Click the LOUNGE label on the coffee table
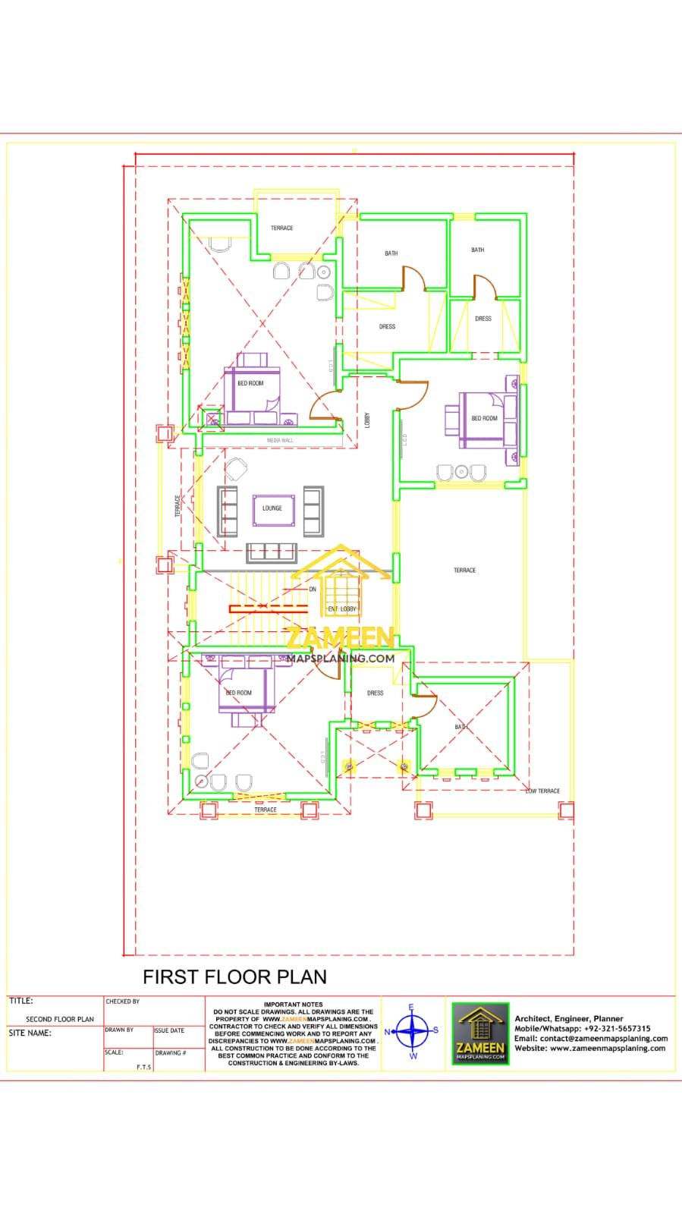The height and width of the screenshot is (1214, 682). tap(272, 508)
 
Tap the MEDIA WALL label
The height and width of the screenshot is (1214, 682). tap(280, 440)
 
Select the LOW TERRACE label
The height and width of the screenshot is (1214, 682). tap(543, 791)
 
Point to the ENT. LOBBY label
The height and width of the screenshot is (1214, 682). tap(342, 609)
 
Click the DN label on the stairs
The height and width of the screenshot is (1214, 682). tap(313, 590)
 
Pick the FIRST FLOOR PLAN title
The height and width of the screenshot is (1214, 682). tap(235, 977)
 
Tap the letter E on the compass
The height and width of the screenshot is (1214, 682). tap(412, 1008)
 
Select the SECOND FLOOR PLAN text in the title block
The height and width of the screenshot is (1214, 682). tap(60, 1019)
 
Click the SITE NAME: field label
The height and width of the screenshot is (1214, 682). tap(30, 1033)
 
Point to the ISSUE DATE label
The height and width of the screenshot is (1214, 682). tap(169, 1030)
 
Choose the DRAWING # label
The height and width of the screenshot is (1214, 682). tap(171, 1053)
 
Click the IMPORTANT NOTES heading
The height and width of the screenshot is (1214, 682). tap(293, 1004)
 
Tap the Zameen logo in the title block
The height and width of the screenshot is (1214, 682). tap(480, 1033)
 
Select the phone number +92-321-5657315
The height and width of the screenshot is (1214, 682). tap(618, 1029)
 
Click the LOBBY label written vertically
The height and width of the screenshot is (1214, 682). tap(367, 420)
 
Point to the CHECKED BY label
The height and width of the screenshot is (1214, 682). tap(123, 1002)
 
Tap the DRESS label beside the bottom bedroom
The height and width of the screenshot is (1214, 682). tap(375, 693)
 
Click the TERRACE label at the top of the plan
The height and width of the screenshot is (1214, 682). tap(281, 228)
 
